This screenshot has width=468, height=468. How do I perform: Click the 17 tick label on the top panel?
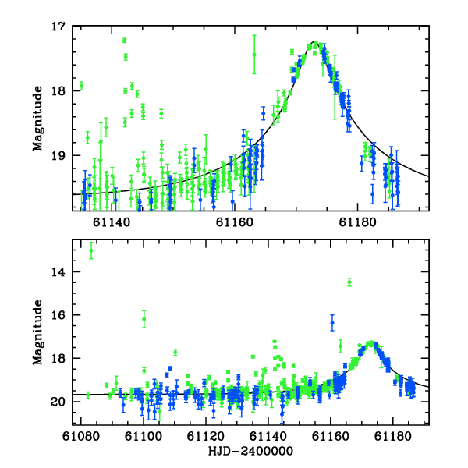click(x=58, y=27)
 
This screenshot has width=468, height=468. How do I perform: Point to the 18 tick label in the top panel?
click(x=58, y=90)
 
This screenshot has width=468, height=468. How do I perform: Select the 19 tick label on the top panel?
click(x=58, y=155)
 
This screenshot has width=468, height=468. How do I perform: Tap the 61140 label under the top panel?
click(x=112, y=222)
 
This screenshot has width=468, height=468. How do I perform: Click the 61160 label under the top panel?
click(x=235, y=222)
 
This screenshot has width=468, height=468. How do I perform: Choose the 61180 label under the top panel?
click(x=357, y=222)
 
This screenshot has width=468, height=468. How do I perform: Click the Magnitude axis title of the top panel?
click(x=37, y=119)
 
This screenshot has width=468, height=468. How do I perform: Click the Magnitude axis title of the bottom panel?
click(x=37, y=332)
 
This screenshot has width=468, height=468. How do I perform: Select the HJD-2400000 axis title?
click(x=250, y=451)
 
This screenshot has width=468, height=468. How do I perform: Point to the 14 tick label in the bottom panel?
click(x=58, y=272)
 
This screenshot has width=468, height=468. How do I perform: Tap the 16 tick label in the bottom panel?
click(x=58, y=315)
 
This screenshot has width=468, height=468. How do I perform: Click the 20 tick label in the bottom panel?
click(x=58, y=402)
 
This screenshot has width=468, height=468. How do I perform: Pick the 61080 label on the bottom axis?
click(x=81, y=436)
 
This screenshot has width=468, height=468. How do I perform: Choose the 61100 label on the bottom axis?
click(x=144, y=436)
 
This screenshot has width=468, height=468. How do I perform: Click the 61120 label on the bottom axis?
click(x=206, y=436)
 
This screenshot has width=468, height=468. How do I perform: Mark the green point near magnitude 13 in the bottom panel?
click(x=91, y=250)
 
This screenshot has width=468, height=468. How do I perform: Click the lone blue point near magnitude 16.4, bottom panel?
click(x=332, y=323)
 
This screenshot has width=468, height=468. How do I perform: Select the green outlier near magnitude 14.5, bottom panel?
click(x=349, y=282)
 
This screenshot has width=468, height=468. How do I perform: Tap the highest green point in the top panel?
click(x=125, y=41)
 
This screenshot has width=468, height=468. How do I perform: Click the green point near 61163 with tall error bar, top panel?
click(x=254, y=55)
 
